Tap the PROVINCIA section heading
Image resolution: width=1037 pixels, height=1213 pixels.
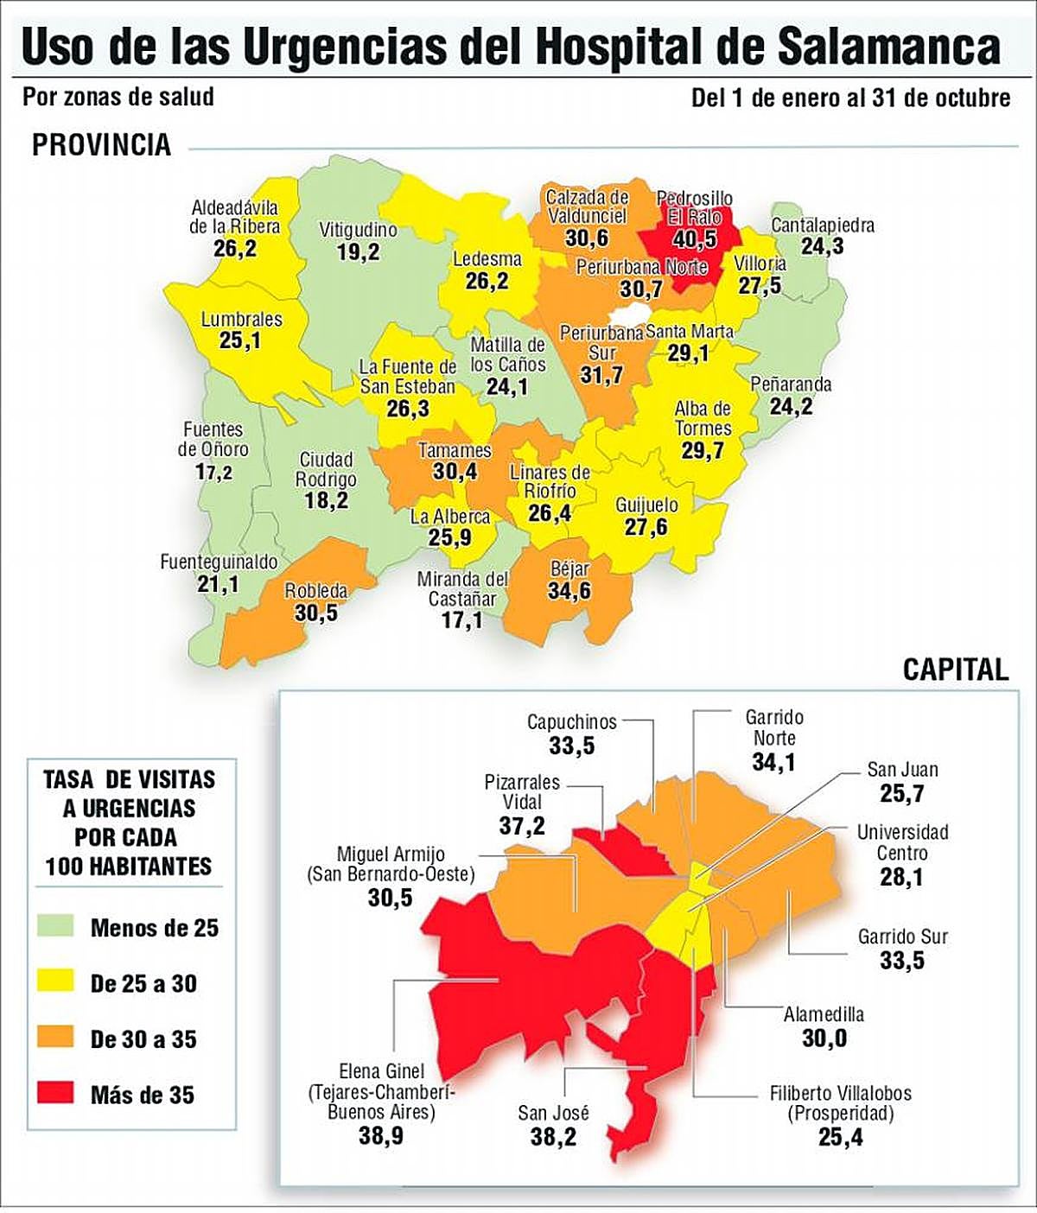coord(101,144)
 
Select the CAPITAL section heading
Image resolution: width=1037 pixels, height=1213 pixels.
coord(955,670)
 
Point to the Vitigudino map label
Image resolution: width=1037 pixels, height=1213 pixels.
coord(358,231)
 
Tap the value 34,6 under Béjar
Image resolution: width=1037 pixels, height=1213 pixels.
coord(569,591)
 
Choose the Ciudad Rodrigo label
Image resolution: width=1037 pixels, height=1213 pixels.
coord(326,469)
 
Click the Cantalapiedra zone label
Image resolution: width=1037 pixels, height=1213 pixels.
coord(822,225)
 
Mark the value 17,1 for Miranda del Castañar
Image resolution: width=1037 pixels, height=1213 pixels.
coord(461,620)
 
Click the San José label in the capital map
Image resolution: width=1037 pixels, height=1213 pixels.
coord(553,1113)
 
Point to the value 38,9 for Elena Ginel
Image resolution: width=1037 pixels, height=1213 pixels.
coord(380,1135)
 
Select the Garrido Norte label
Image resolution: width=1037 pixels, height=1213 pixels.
coord(773,727)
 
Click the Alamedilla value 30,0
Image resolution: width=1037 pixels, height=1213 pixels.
coord(824,1038)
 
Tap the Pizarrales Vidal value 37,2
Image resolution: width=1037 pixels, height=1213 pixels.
coord(522,825)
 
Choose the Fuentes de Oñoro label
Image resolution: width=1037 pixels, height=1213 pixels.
coord(213,439)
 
